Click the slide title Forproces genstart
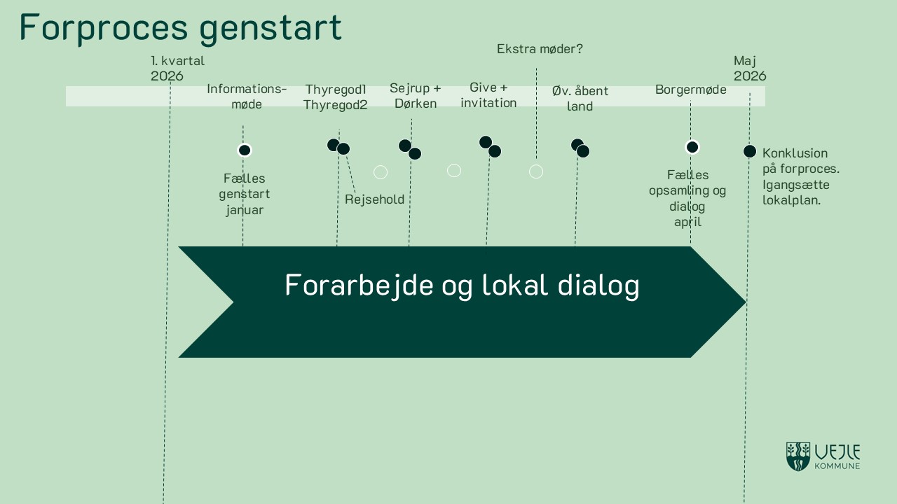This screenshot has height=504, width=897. pos(180,27)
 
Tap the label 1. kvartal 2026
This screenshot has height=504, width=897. pos(177,69)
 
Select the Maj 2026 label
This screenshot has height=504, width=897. pos(750,69)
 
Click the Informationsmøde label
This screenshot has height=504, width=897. pos(247,97)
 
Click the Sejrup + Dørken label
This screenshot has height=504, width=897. pos(415,96)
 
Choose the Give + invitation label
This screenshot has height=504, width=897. pos(488,95)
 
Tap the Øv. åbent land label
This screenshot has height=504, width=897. pos(580,99)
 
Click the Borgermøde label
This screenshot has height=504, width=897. pos(690,90)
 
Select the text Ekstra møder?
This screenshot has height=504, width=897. pos(540,49)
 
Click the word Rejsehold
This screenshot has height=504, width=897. pos(374,199)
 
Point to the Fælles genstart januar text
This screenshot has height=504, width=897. pos(244,194)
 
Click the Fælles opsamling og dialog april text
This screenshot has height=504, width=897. pos(687,198)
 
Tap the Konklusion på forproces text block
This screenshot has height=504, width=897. pos(800,176)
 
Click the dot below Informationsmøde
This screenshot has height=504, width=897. pos(245,150)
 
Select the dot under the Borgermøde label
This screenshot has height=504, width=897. pos(692,147)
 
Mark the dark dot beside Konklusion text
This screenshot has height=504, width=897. pos(749,151)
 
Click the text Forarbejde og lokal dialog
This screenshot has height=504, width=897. pos(462,286)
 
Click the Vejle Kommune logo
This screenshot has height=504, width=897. pos(823,456)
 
